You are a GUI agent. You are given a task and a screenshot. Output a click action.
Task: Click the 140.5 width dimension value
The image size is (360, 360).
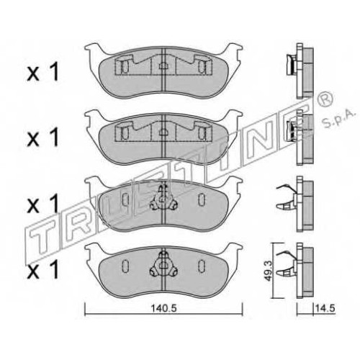(163, 308)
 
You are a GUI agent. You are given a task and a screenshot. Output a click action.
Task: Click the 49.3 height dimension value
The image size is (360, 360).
(269, 271)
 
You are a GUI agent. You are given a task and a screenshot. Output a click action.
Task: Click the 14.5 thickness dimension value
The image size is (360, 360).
(325, 308)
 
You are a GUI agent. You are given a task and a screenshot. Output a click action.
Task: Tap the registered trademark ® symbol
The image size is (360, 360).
(325, 99)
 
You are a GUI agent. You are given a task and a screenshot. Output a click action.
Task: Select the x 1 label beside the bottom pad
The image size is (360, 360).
(43, 270)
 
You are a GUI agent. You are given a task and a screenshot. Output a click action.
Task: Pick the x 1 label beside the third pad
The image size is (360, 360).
(43, 204)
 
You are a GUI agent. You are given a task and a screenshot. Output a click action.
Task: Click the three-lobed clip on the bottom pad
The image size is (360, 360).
(163, 266)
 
